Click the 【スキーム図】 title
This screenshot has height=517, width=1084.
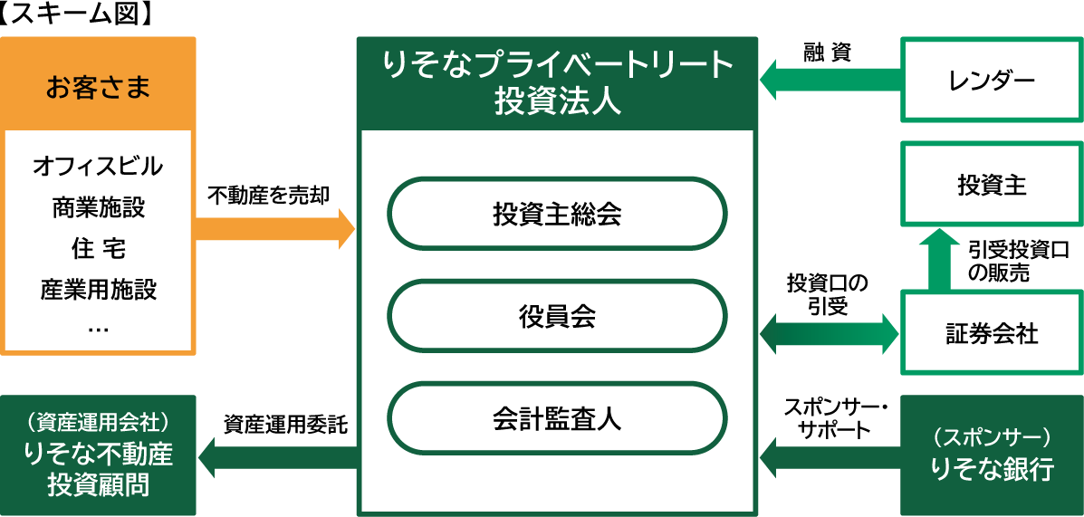[x=77, y=14]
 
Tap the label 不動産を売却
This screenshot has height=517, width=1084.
[x=269, y=194]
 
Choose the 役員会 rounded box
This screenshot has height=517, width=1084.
[x=557, y=318]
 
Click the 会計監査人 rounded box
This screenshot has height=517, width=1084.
[x=557, y=420]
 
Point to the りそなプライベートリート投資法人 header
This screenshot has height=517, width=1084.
[x=557, y=83]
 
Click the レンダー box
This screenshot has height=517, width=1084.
[x=992, y=80]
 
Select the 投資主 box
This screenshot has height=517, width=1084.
[x=992, y=184]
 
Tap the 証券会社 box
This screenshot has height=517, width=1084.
[x=992, y=333]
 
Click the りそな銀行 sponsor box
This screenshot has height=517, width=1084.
[x=992, y=455]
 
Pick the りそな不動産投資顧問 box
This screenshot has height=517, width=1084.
[x=99, y=455]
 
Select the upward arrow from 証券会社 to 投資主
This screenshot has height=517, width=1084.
[x=939, y=262]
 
